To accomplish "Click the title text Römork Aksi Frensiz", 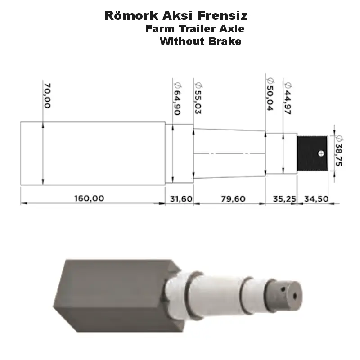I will [175, 16].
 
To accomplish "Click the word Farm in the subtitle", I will [157, 29].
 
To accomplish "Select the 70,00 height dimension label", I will [47, 95].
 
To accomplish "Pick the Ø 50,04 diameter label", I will [270, 97].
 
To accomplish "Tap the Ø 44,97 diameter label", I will [288, 98].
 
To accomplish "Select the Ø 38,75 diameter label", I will [339, 151].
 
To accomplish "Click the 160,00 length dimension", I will [89, 198].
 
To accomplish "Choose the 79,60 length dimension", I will [233, 198].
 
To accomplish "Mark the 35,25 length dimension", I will [281, 198].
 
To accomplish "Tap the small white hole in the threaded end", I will [320, 153].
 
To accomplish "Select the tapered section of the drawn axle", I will [229, 153].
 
